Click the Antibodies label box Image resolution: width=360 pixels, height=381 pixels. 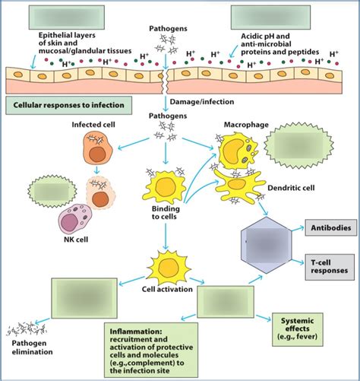[329, 227]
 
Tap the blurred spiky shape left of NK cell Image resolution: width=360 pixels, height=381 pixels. [43, 191]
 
